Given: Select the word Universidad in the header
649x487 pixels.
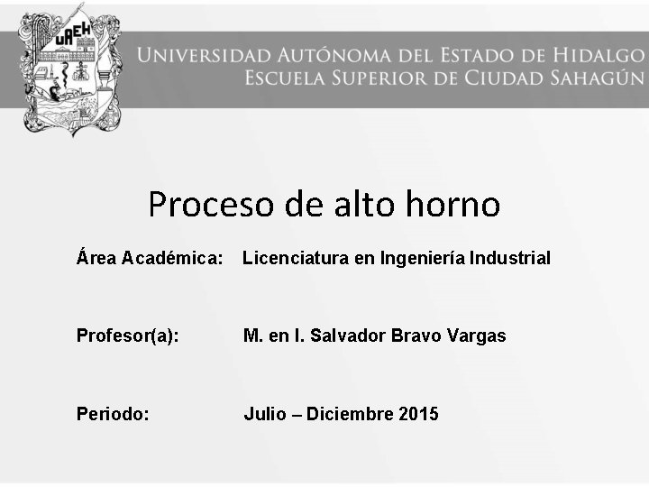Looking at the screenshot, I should coord(198,54).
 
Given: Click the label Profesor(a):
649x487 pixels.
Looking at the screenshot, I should coord(128,336).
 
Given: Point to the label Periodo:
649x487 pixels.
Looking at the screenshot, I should coord(114,415).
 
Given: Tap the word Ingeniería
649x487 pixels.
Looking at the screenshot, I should coord(422,259).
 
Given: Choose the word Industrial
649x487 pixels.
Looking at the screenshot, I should coord(510,259).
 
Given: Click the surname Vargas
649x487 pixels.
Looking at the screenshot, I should coord(475,336).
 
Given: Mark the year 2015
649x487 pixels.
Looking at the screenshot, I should coord(418,415).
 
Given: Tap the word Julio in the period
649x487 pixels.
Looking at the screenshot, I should coord(264,415).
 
